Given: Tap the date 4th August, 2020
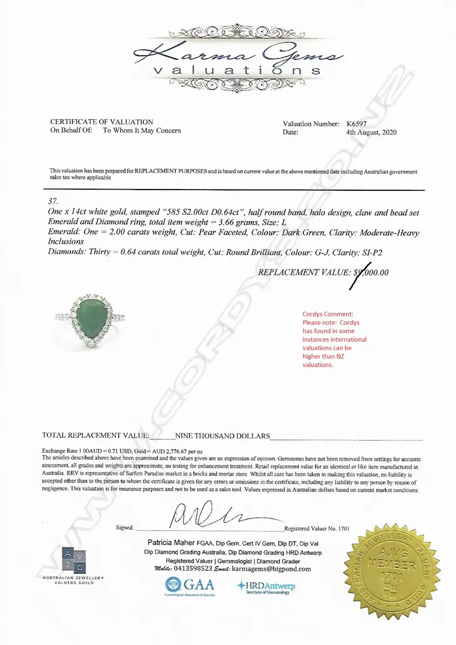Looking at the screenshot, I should point(371,132).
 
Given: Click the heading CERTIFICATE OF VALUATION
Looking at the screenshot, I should point(101,122).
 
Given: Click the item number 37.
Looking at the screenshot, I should point(53,202).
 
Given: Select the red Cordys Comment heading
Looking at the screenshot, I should point(328,314).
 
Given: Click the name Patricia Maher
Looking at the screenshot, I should point(173,542).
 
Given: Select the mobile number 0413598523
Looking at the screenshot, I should point(191,569).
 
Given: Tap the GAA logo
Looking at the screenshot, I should point(190,586).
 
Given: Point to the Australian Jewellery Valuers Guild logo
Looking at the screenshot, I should point(72,564).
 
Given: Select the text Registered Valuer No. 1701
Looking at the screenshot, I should point(317,528).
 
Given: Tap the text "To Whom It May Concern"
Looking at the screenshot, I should point(142,130).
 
